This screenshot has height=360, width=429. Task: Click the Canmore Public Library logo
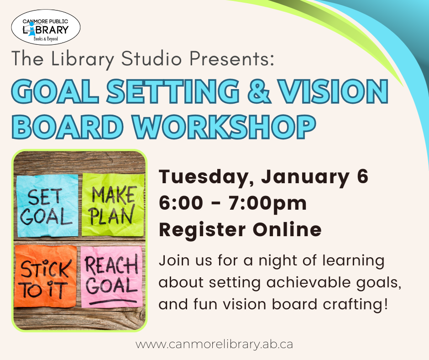(46, 27)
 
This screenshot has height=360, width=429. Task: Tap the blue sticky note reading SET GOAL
(47, 206)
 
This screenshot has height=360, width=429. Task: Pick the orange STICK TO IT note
(46, 276)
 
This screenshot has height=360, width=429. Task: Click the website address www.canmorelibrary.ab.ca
(214, 344)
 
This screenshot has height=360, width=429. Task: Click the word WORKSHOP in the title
(225, 127)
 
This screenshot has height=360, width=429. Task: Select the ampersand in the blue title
(259, 91)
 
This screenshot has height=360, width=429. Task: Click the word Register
(202, 230)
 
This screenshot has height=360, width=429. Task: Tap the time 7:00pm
(267, 203)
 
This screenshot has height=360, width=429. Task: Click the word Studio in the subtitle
(152, 58)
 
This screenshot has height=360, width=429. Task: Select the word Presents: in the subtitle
(232, 58)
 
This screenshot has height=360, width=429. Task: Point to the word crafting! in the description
(355, 304)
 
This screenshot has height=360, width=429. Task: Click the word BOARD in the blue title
(67, 127)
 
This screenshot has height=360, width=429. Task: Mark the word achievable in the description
(309, 282)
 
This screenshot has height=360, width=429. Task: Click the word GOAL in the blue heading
(55, 91)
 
